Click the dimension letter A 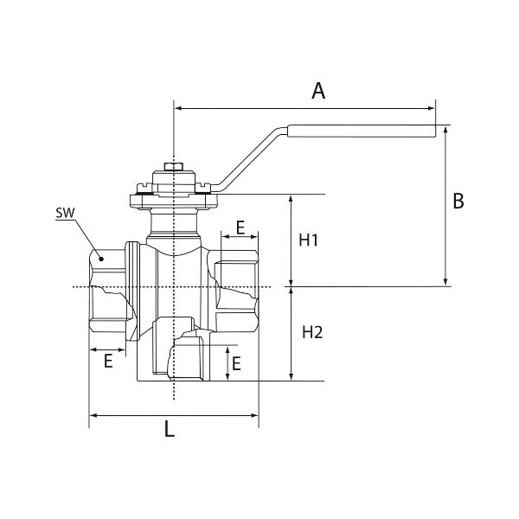tap(318, 91)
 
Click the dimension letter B tap(459, 201)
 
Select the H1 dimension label tap(311, 240)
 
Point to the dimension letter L tap(170, 428)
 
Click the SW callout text tap(63, 213)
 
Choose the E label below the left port tap(108, 361)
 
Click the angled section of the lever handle tap(250, 157)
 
